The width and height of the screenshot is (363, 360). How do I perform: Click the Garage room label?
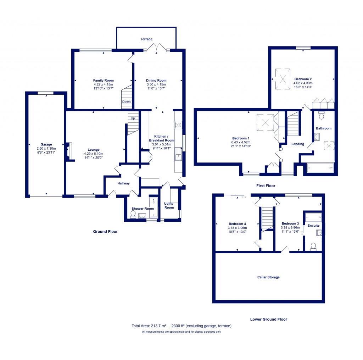pyautogui.click(x=46, y=144)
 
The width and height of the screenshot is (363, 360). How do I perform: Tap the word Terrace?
pyautogui.click(x=146, y=39)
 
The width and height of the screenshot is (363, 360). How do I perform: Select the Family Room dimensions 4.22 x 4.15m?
pyautogui.click(x=103, y=84)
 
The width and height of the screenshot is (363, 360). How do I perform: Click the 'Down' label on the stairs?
pyautogui.click(x=126, y=102)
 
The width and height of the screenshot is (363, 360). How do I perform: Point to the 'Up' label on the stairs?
pyautogui.click(x=133, y=118)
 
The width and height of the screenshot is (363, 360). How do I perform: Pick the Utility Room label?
pyautogui.click(x=169, y=205)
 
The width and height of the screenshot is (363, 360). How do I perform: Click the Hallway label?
pyautogui.click(x=123, y=183)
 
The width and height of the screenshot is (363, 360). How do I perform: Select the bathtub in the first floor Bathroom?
pyautogui.click(x=320, y=167)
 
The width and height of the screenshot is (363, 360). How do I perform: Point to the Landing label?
pyautogui.click(x=297, y=144)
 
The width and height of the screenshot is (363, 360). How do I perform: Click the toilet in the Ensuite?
pyautogui.click(x=313, y=247)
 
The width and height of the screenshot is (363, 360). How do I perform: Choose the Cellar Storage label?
pyautogui.click(x=268, y=277)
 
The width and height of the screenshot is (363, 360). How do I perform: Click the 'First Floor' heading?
pyautogui.click(x=266, y=186)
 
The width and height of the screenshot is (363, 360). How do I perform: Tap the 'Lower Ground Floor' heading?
pyautogui.click(x=268, y=319)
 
